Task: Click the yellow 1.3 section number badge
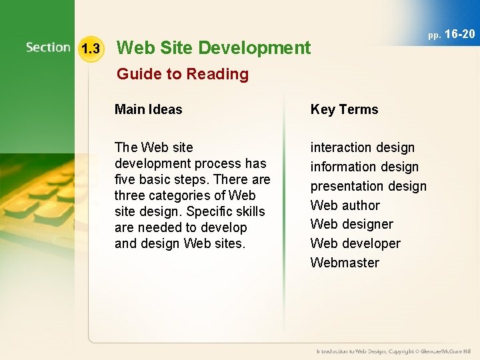tap(90, 49)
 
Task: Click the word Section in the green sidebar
tap(48, 47)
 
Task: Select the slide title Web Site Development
tap(213, 47)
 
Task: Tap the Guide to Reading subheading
tap(183, 74)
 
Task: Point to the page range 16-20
tap(459, 33)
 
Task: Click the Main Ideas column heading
tap(148, 109)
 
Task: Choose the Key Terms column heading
tap(344, 109)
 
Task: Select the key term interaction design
tap(362, 147)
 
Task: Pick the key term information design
tap(364, 167)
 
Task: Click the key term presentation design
tap(368, 186)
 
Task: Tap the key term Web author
tap(345, 205)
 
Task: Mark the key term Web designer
tap(351, 224)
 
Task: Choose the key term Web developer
tap(355, 243)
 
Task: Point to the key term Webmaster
tap(344, 263)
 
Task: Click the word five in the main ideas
tap(125, 179)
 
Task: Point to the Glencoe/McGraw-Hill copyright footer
tap(394, 351)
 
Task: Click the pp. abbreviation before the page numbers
tap(434, 35)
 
